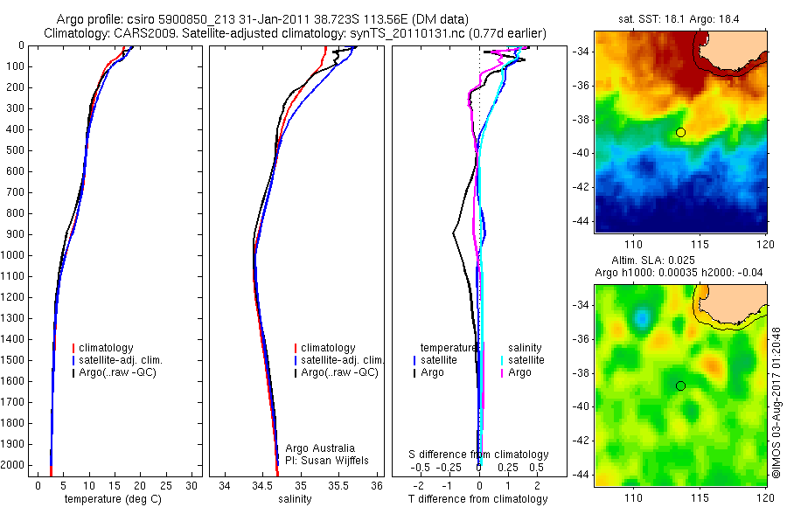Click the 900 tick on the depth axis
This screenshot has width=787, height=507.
pyautogui.click(x=14, y=234)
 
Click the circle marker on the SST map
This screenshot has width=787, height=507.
pyautogui.click(x=680, y=132)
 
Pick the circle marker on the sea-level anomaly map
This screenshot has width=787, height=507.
pyautogui.click(x=680, y=385)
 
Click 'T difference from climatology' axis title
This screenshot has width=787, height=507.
pyautogui.click(x=477, y=499)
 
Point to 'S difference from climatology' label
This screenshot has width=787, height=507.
pyautogui.click(x=479, y=455)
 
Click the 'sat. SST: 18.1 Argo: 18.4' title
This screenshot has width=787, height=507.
pyautogui.click(x=680, y=18)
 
